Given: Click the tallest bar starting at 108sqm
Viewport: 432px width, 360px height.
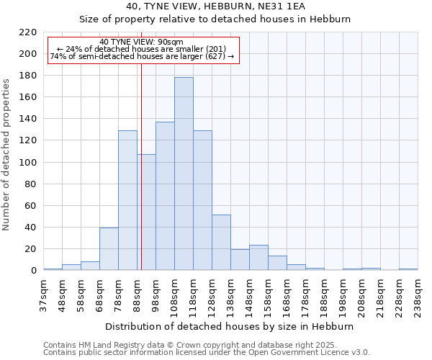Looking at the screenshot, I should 184,174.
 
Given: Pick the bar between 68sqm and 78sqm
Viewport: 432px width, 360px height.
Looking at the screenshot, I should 109,249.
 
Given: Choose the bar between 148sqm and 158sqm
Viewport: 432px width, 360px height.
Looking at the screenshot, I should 258,258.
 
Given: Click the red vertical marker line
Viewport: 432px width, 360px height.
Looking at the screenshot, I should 141,180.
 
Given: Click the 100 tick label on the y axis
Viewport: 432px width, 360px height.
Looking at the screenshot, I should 27,163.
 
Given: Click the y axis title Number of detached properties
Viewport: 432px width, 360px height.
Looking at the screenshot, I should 7,155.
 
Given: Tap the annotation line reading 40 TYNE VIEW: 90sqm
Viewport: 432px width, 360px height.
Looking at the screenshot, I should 141,42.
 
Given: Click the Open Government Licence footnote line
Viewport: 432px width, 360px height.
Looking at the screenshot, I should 206,352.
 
